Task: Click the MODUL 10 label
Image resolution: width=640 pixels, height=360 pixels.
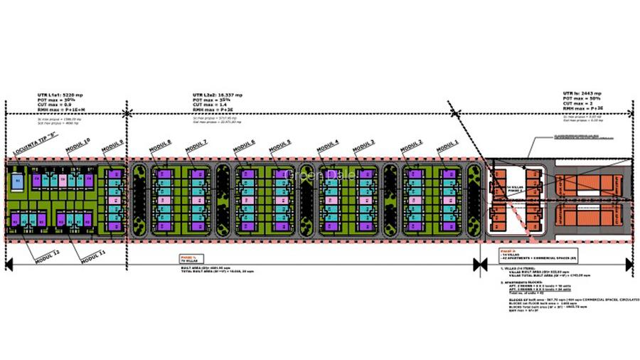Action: [x=78, y=145]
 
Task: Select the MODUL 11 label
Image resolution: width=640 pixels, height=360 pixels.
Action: [x=92, y=253]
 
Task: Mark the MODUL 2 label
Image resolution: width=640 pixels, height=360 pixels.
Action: [x=410, y=147]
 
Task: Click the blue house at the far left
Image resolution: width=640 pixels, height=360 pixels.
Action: [x=17, y=182]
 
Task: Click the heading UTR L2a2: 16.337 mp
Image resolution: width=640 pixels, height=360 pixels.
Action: [x=217, y=93]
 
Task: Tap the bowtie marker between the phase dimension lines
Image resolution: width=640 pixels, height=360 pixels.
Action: [x=477, y=265]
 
